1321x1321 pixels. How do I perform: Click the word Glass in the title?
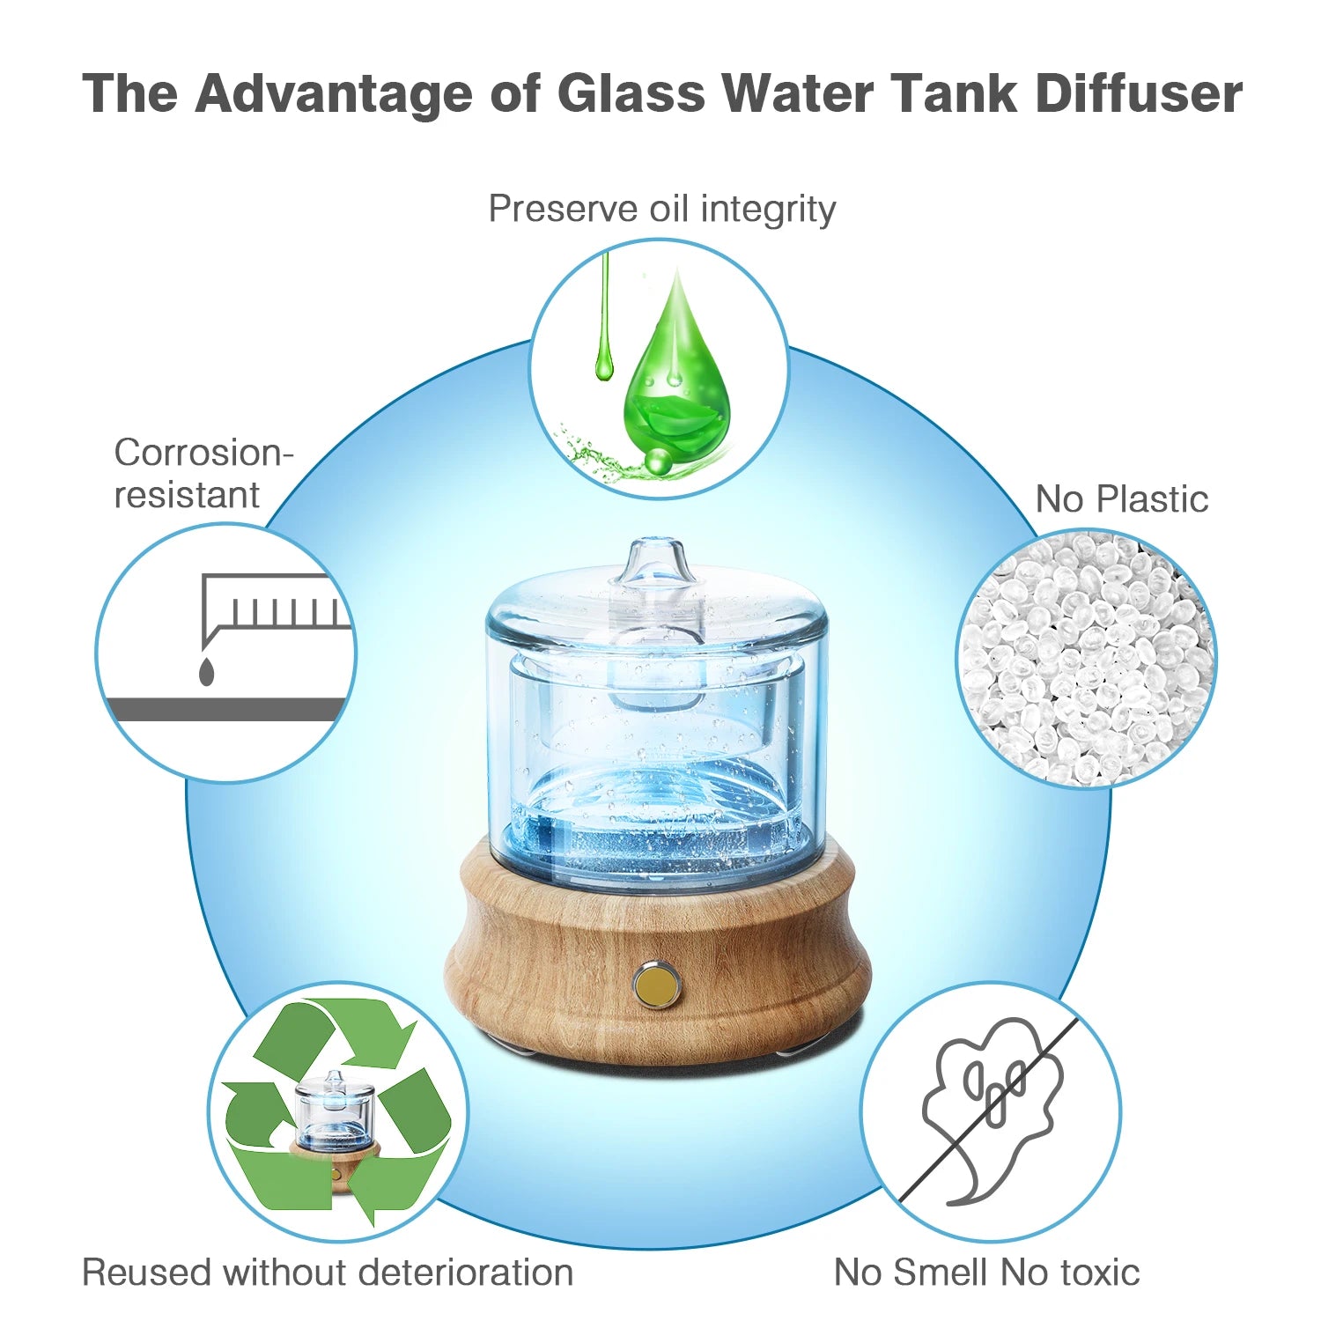[631, 92]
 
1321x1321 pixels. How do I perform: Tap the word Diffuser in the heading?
[1140, 92]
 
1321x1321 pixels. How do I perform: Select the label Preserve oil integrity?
[661, 210]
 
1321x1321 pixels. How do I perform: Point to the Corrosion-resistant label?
[203, 474]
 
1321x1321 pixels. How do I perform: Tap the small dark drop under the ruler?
[206, 671]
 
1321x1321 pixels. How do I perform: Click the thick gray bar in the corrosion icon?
[225, 710]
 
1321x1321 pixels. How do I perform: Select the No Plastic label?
[1121, 499]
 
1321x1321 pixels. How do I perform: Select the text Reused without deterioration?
[328, 1273]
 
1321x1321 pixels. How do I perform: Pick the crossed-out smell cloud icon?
[992, 1112]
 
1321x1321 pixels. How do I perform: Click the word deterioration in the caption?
[467, 1273]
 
